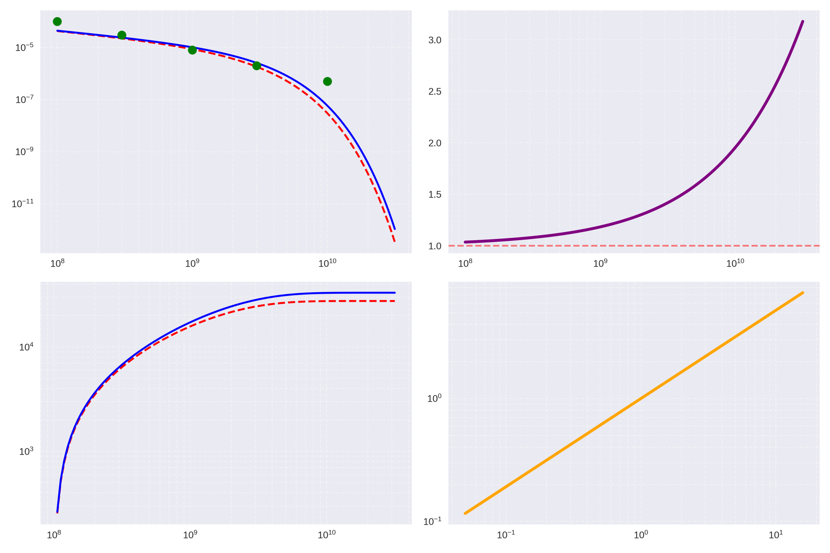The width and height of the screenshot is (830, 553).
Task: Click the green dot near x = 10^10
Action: pos(327,81)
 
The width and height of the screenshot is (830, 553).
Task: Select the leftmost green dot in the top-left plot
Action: pos(57,21)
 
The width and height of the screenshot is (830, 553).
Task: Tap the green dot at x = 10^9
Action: pos(192,50)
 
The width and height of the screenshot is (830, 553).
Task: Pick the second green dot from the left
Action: pos(122,35)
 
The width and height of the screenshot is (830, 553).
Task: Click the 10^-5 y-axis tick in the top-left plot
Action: pos(24,47)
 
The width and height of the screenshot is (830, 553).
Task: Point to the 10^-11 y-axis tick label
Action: pos(23,203)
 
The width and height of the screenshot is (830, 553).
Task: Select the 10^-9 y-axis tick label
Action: pos(24,152)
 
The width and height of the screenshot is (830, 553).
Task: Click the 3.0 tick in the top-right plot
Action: pos(435,40)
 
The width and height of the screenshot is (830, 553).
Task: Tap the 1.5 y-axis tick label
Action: pos(435,194)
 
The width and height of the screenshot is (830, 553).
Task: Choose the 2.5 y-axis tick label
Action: pos(435,91)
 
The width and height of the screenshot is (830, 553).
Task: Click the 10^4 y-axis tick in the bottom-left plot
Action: pos(26,347)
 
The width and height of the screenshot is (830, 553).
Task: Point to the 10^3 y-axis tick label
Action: pos(26,451)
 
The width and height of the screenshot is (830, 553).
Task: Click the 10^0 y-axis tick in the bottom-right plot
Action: pos(434,398)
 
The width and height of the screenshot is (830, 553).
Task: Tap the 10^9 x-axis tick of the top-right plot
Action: pos(600,263)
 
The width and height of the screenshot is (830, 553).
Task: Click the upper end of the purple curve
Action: pos(803,21)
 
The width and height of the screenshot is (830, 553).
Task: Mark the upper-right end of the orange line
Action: pos(803,293)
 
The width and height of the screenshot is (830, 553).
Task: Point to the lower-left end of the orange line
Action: pos(465,513)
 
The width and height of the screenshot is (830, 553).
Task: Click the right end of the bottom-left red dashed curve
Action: pos(395,301)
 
